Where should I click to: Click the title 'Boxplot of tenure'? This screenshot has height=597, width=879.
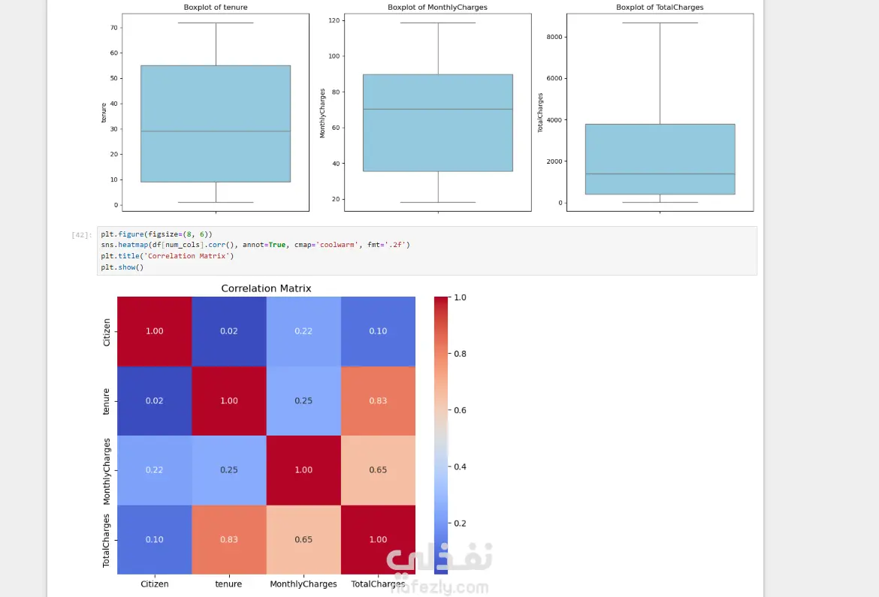click(x=216, y=8)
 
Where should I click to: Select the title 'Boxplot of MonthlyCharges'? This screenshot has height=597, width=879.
click(x=437, y=8)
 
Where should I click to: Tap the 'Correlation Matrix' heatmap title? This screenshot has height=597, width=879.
click(x=266, y=288)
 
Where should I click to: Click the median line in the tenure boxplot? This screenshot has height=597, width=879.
click(x=216, y=131)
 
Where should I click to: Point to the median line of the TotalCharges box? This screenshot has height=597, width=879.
click(x=660, y=173)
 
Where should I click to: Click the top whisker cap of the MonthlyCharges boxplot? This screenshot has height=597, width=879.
click(x=438, y=23)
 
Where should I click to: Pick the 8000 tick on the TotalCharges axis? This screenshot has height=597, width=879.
click(x=554, y=37)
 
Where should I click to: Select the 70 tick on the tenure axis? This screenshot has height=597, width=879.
click(x=113, y=28)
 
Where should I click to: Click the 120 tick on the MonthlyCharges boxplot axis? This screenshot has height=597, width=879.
click(x=334, y=20)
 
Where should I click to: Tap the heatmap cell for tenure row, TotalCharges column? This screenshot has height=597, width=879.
click(x=378, y=401)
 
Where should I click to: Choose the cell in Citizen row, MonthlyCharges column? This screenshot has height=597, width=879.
click(x=304, y=331)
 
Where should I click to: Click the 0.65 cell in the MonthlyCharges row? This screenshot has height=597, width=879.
click(x=378, y=470)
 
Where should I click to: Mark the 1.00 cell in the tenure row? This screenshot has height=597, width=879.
click(x=228, y=401)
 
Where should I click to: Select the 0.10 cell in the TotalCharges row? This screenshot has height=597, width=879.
click(x=154, y=540)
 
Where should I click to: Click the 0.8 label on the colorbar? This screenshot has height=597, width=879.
click(x=460, y=354)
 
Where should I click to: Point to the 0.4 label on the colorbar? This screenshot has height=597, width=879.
click(x=460, y=467)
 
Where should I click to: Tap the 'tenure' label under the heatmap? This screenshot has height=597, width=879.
click(x=228, y=583)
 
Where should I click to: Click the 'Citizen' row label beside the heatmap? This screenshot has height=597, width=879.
click(x=107, y=332)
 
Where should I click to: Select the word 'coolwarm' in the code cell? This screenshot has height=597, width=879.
click(x=337, y=245)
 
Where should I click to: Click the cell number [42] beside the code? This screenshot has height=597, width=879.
click(x=82, y=235)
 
